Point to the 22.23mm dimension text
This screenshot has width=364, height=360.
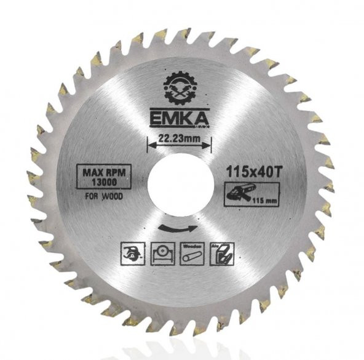click(x=179, y=140)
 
